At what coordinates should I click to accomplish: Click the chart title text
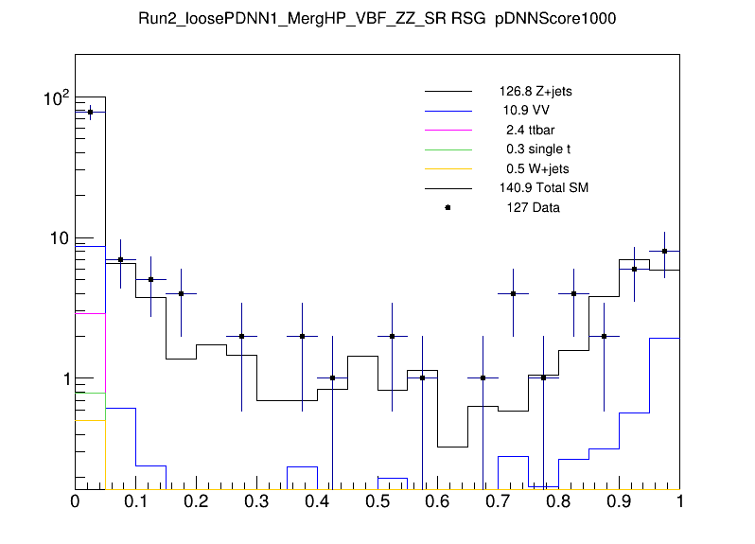point(377,20)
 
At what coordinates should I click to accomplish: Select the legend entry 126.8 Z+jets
point(536,92)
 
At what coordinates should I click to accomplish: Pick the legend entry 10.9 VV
point(519,111)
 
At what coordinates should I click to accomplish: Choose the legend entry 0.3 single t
point(532,149)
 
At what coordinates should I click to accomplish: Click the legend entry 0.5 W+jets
point(531,168)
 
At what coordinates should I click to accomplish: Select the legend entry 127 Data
point(529,207)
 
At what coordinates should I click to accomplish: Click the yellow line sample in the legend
point(448,168)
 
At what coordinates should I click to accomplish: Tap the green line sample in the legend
point(448,149)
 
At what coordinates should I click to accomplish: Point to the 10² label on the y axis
point(46,98)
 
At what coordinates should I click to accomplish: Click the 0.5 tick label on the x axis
point(377,502)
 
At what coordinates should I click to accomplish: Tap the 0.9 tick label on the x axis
point(620,502)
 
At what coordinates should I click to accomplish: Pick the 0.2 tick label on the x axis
point(196,502)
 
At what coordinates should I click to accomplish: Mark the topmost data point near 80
point(90,112)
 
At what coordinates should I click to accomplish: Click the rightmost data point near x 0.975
point(665,251)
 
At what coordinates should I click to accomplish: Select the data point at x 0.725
point(514,293)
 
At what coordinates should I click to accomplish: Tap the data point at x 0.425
point(332,377)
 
